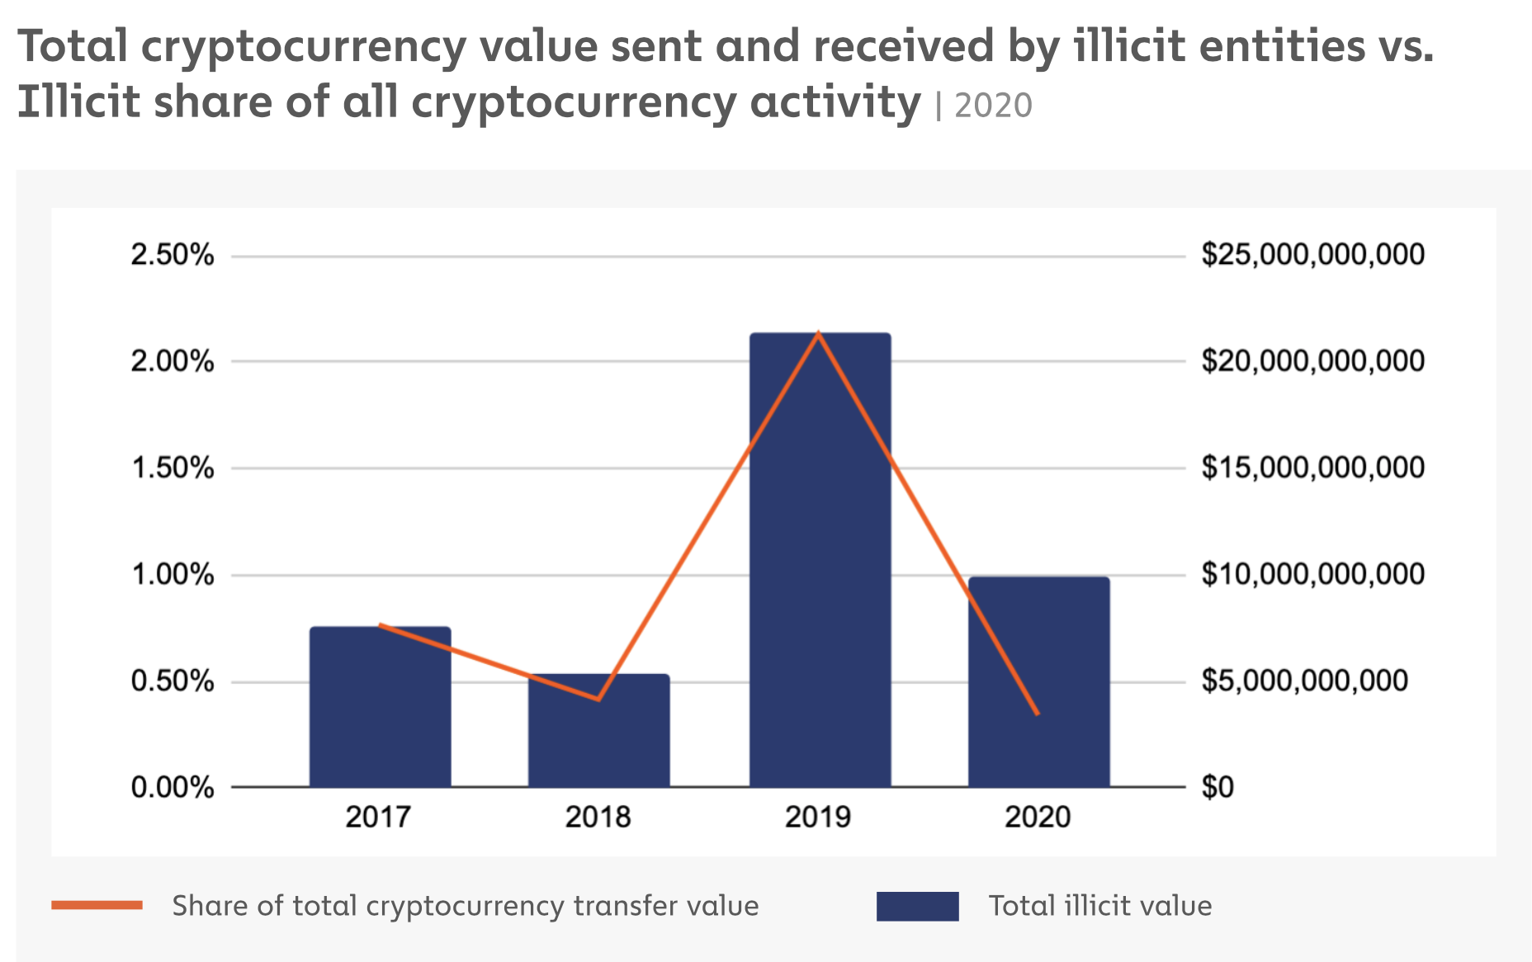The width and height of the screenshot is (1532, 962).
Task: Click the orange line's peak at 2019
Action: pos(818,333)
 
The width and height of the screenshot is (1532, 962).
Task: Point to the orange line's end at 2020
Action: pos(1038,714)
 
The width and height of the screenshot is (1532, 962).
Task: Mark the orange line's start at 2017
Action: pos(380,625)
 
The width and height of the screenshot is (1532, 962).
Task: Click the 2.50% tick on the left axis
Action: pos(173,255)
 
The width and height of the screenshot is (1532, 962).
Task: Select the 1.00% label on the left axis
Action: pos(173,574)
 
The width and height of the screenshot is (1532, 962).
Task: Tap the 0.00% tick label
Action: pos(173,787)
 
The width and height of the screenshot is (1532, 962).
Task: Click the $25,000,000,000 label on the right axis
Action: pos(1312,254)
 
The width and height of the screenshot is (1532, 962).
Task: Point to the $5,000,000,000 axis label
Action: pos(1304,681)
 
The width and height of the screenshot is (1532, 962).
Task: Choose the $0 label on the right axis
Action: pos(1218,787)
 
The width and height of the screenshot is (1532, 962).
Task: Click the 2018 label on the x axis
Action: pos(598,817)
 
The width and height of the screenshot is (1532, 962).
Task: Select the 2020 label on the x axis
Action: pos(1038,817)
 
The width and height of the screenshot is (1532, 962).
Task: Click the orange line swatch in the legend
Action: pos(97,905)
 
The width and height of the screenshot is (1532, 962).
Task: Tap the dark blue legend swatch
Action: pos(917,906)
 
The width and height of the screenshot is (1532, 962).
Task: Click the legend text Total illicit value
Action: pos(1100,906)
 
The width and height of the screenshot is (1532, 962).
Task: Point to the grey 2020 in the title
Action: pos(993,106)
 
